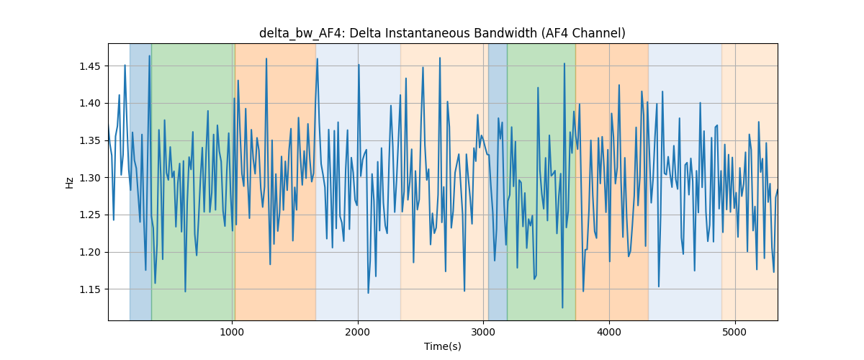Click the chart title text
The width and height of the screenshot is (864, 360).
coord(442,33)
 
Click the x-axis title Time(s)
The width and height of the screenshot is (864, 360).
coord(442,346)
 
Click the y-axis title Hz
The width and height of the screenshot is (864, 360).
coord(69,182)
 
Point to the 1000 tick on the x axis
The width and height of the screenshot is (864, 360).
coord(232,332)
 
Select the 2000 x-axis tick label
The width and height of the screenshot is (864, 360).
coord(358,332)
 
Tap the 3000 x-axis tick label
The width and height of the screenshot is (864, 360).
coord(483,332)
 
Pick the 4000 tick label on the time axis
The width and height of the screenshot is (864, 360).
coord(609,332)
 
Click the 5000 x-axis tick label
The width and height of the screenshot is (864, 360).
coord(735,332)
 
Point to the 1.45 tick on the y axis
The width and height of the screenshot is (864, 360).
coord(90,66)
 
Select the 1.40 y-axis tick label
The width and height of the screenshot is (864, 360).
coord(90,104)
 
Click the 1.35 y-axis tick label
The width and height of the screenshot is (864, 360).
coord(90,140)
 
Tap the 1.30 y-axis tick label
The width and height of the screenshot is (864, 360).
coord(90,178)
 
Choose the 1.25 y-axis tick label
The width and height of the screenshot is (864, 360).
coord(90,215)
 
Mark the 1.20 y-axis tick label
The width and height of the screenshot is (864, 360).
coord(90,252)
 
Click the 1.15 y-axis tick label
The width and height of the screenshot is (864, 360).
coord(90,289)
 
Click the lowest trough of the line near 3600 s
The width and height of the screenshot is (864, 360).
coord(562,307)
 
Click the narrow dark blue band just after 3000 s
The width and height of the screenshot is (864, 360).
coord(498,181)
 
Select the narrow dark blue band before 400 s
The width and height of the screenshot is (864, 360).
coord(140,181)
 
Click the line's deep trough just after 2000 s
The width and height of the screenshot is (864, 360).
coord(368,293)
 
